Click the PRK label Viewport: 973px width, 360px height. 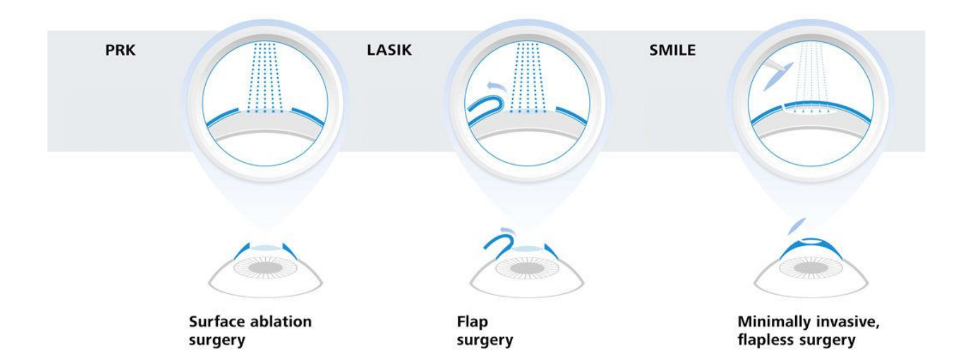[x=120, y=50]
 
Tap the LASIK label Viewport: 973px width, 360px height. [x=389, y=50]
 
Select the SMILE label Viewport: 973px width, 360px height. [x=672, y=50]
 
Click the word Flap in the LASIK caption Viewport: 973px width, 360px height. [x=472, y=322]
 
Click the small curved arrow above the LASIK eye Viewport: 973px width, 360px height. [x=505, y=231]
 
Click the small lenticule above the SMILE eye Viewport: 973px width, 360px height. [x=795, y=227]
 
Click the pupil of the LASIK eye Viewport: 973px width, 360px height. [x=526, y=266]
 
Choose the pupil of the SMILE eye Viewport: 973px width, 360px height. [x=811, y=266]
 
